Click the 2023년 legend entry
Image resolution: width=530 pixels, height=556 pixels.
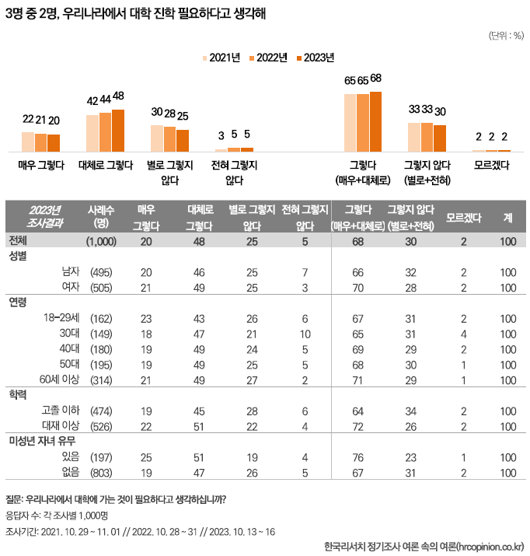coord(315,58)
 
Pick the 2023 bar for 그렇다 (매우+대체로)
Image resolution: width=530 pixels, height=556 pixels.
coord(376,121)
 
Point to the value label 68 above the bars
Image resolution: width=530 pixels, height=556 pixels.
coord(376,79)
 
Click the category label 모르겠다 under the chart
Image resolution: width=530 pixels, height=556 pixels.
coord(491,165)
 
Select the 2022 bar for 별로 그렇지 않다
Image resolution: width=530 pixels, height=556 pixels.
coord(169,138)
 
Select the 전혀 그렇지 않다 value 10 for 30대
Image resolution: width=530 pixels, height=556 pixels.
coord(306,334)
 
